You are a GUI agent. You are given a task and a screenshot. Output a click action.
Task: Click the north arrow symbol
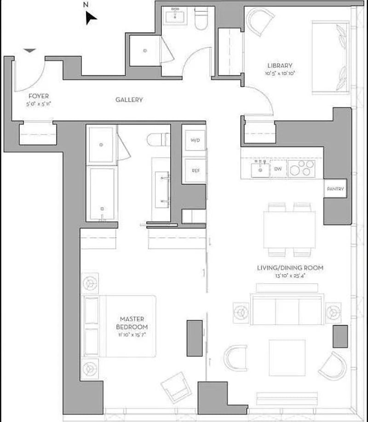(x=91, y=18)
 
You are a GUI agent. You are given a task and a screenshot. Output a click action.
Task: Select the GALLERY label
(x=129, y=100)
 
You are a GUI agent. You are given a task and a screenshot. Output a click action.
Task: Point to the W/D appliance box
(x=195, y=140)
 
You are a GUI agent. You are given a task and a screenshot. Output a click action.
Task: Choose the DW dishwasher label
(x=277, y=169)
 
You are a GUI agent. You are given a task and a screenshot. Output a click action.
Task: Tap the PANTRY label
(x=335, y=189)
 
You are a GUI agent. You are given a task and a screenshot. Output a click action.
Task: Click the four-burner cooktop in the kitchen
(x=302, y=168)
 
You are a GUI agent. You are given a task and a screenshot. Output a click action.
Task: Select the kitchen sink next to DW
(x=260, y=170)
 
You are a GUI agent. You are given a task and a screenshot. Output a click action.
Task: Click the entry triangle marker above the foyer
(x=29, y=51)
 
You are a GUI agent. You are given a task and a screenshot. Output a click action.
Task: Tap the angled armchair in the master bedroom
(x=175, y=386)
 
